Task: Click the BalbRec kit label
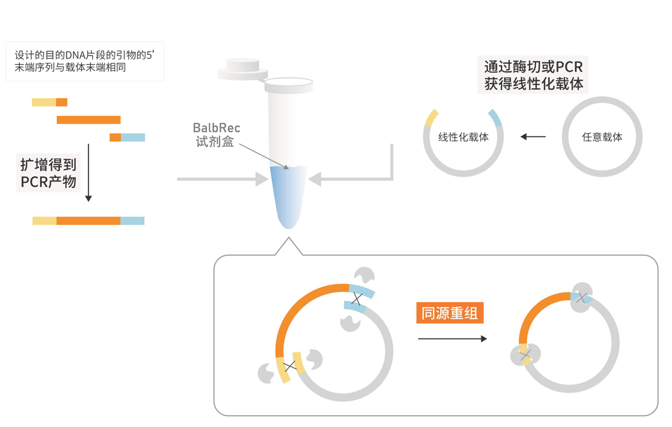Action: pyautogui.click(x=216, y=135)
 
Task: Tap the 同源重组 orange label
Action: pyautogui.click(x=449, y=313)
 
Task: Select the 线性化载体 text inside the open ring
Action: pyautogui.click(x=463, y=137)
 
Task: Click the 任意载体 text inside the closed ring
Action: pyautogui.click(x=602, y=137)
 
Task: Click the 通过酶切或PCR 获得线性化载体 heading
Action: pyautogui.click(x=533, y=75)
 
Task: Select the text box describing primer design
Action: pyautogui.click(x=85, y=62)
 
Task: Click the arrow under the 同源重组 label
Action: pyautogui.click(x=452, y=339)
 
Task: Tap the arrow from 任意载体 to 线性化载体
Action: pyautogui.click(x=532, y=137)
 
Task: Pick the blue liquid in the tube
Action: pyautogui.click(x=288, y=196)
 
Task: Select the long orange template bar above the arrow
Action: pyautogui.click(x=88, y=119)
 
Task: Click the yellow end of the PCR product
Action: pyautogui.click(x=44, y=221)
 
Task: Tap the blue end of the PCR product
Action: pyautogui.click(x=132, y=221)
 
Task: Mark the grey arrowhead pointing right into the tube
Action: pyautogui.click(x=262, y=179)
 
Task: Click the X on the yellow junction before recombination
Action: pyautogui.click(x=289, y=366)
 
